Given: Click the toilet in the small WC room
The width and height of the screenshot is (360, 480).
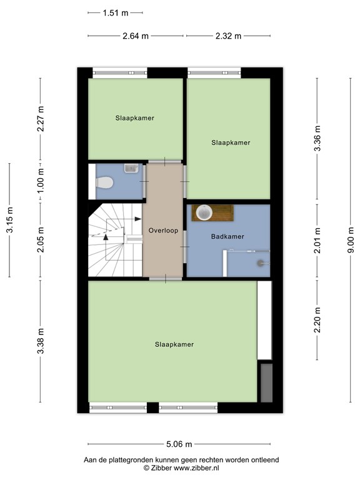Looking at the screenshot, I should coord(104,182).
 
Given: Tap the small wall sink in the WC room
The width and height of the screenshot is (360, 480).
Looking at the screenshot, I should coord(131,167).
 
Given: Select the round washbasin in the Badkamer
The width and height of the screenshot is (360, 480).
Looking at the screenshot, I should coord(204,212).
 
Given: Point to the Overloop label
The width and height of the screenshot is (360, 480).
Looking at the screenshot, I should coord(163,231).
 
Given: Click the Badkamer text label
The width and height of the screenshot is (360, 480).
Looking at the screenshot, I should coord(227,236).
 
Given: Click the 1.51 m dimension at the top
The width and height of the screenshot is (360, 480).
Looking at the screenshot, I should coord(116,12).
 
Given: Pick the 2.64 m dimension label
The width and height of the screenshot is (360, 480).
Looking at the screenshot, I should coord(136,36).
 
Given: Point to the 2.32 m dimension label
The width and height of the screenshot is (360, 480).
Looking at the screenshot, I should coord(228,36).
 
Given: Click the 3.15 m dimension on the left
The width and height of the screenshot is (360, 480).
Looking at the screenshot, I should coord(9,221).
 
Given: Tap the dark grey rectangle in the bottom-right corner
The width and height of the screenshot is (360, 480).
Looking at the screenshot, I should coord(265,382).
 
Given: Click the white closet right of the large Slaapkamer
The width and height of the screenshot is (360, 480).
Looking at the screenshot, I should coord(264,320).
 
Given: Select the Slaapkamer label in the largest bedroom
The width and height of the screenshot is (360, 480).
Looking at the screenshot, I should coord(174,344).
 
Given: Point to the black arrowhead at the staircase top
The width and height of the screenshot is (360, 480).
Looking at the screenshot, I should coord(137,219).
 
